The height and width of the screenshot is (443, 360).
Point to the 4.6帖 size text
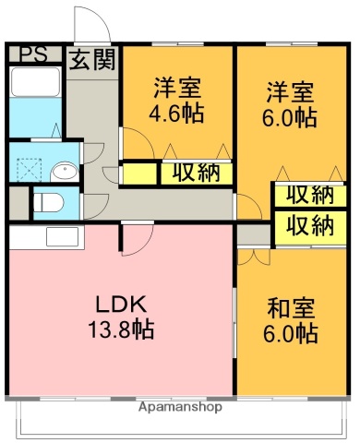click(x=178, y=115)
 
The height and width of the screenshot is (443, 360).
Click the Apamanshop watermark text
click(x=181, y=406)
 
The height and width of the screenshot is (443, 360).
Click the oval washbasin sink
click(x=66, y=172)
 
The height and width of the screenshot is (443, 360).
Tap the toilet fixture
click(x=48, y=200)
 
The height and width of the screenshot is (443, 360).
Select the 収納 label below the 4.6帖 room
click(x=194, y=173)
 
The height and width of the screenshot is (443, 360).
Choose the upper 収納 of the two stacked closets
click(x=308, y=195)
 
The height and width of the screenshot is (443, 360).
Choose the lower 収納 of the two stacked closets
click(x=308, y=224)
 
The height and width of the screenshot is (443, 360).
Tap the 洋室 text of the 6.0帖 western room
click(x=291, y=93)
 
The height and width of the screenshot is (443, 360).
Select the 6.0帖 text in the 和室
click(x=292, y=333)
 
